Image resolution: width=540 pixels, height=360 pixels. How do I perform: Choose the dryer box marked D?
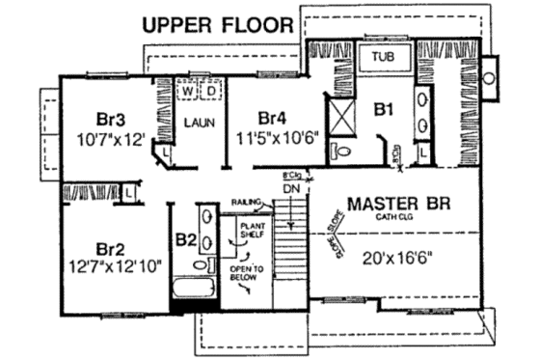pos(211,89)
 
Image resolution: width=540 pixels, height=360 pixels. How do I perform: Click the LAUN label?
pos(199,125)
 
